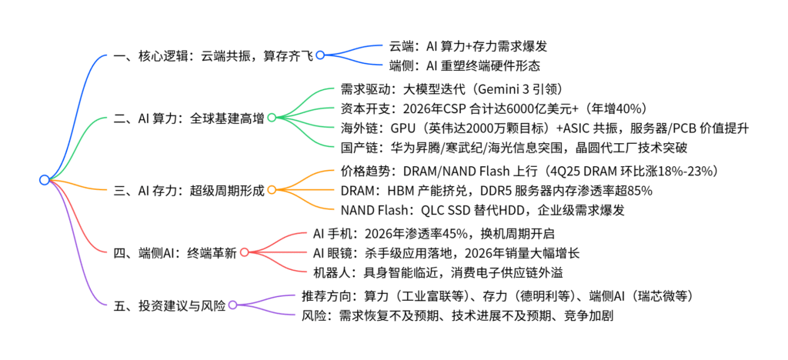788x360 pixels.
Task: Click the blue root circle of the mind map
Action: point(44,180)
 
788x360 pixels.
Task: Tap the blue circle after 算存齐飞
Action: point(319,55)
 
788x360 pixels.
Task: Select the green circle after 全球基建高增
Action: point(271,118)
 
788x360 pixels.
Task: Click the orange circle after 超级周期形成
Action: point(271,189)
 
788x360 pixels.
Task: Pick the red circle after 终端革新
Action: point(244,252)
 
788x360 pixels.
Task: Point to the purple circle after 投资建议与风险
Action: point(232,305)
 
